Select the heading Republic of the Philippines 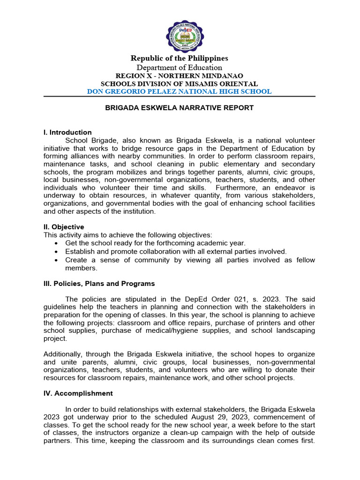coord(180,59)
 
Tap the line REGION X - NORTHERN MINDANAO coord(180,76)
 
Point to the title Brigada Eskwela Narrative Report coord(180,108)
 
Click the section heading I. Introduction coord(67,132)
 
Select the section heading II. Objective coord(64,227)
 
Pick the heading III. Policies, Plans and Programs coord(99,284)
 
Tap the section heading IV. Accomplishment coord(78,393)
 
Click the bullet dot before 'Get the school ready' coord(56,243)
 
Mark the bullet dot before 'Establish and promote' coord(56,252)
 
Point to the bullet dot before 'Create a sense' coord(56,260)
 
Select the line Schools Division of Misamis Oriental coord(180,83)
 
